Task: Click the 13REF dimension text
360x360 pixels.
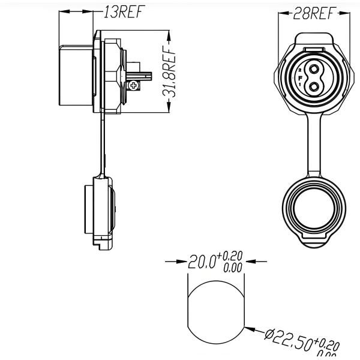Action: click(x=122, y=13)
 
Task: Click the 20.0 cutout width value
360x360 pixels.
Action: click(x=202, y=263)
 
